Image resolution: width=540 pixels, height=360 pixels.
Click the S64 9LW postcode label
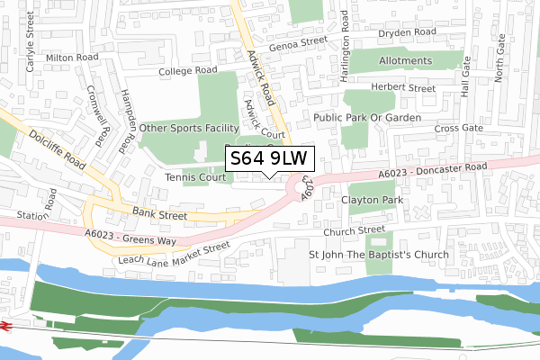[x=270, y=158]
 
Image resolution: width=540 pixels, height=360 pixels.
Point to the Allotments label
[x=406, y=61]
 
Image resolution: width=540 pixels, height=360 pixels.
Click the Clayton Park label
[x=369, y=200]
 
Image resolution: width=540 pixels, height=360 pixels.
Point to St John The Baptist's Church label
[x=379, y=255]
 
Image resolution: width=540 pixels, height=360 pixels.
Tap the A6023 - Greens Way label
[x=131, y=237]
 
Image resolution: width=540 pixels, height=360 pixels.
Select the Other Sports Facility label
[x=189, y=129]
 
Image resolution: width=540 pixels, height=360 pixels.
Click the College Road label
[x=188, y=70]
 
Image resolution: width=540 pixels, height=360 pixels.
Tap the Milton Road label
[x=72, y=57]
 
